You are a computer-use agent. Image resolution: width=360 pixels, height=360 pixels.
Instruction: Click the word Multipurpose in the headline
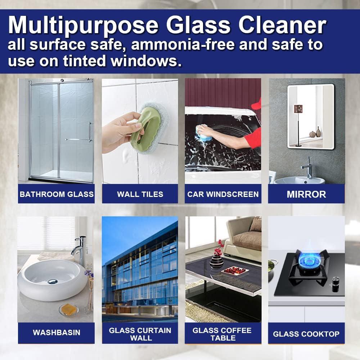coord(83,26)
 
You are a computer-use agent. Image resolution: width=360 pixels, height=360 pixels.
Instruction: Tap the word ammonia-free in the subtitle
coord(183,45)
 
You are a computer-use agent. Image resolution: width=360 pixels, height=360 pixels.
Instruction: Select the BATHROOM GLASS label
coord(57,194)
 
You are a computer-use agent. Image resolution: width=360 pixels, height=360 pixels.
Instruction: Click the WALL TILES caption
coord(140,194)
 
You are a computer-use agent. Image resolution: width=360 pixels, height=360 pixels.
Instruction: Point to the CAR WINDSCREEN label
coord(223,194)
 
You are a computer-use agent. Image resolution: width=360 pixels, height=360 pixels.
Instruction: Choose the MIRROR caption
coord(306,194)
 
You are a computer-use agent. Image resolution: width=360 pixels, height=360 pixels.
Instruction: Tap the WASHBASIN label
coord(57,332)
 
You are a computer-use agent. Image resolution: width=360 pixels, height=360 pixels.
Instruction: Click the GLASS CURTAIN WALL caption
coord(140,334)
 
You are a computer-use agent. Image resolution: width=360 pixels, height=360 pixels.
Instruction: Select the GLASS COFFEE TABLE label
coord(222,334)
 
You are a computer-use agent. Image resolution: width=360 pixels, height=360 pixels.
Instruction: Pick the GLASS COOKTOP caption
coord(306,334)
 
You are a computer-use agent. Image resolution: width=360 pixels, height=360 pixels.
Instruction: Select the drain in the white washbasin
coord(52,281)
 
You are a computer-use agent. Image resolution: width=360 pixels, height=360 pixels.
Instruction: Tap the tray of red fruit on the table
coord(235,271)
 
